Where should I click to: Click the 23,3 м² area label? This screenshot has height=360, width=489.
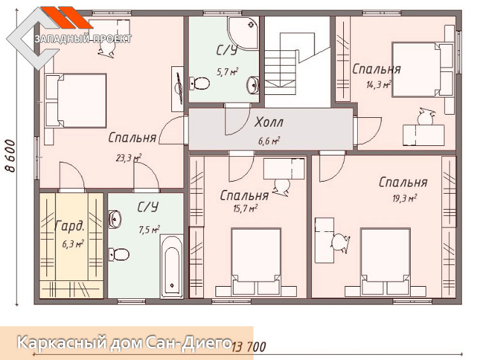pos(129,158)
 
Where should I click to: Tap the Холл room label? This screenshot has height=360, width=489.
pos(269,122)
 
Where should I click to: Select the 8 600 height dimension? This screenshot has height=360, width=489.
pos(10,156)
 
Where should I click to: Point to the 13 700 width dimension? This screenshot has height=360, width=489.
pos(249,347)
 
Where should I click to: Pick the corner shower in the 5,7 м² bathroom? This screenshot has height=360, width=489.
pos(243,33)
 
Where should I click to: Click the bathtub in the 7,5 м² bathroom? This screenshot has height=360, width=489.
pos(172,266)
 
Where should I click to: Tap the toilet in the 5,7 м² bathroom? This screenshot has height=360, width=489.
pos(199,83)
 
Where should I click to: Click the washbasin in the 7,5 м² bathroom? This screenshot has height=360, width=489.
pos(115,219)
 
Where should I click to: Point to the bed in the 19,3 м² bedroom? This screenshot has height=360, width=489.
pos(385,262)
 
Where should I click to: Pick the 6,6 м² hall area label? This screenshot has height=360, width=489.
pos(269,141)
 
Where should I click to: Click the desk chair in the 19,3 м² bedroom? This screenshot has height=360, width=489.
pos(340,242)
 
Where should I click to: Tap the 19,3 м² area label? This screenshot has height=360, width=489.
pos(405,198)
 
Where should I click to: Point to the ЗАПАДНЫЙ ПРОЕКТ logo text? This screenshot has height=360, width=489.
pos(83,39)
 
